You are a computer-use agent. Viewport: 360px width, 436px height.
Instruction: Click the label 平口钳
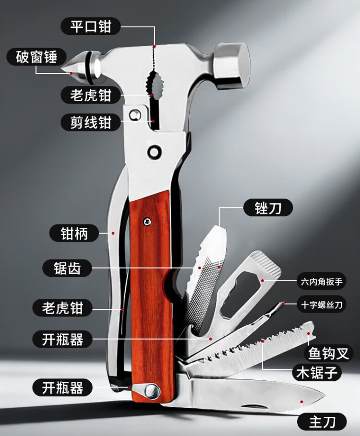(91, 26)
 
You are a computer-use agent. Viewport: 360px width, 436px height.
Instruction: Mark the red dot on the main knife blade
(301, 401)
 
